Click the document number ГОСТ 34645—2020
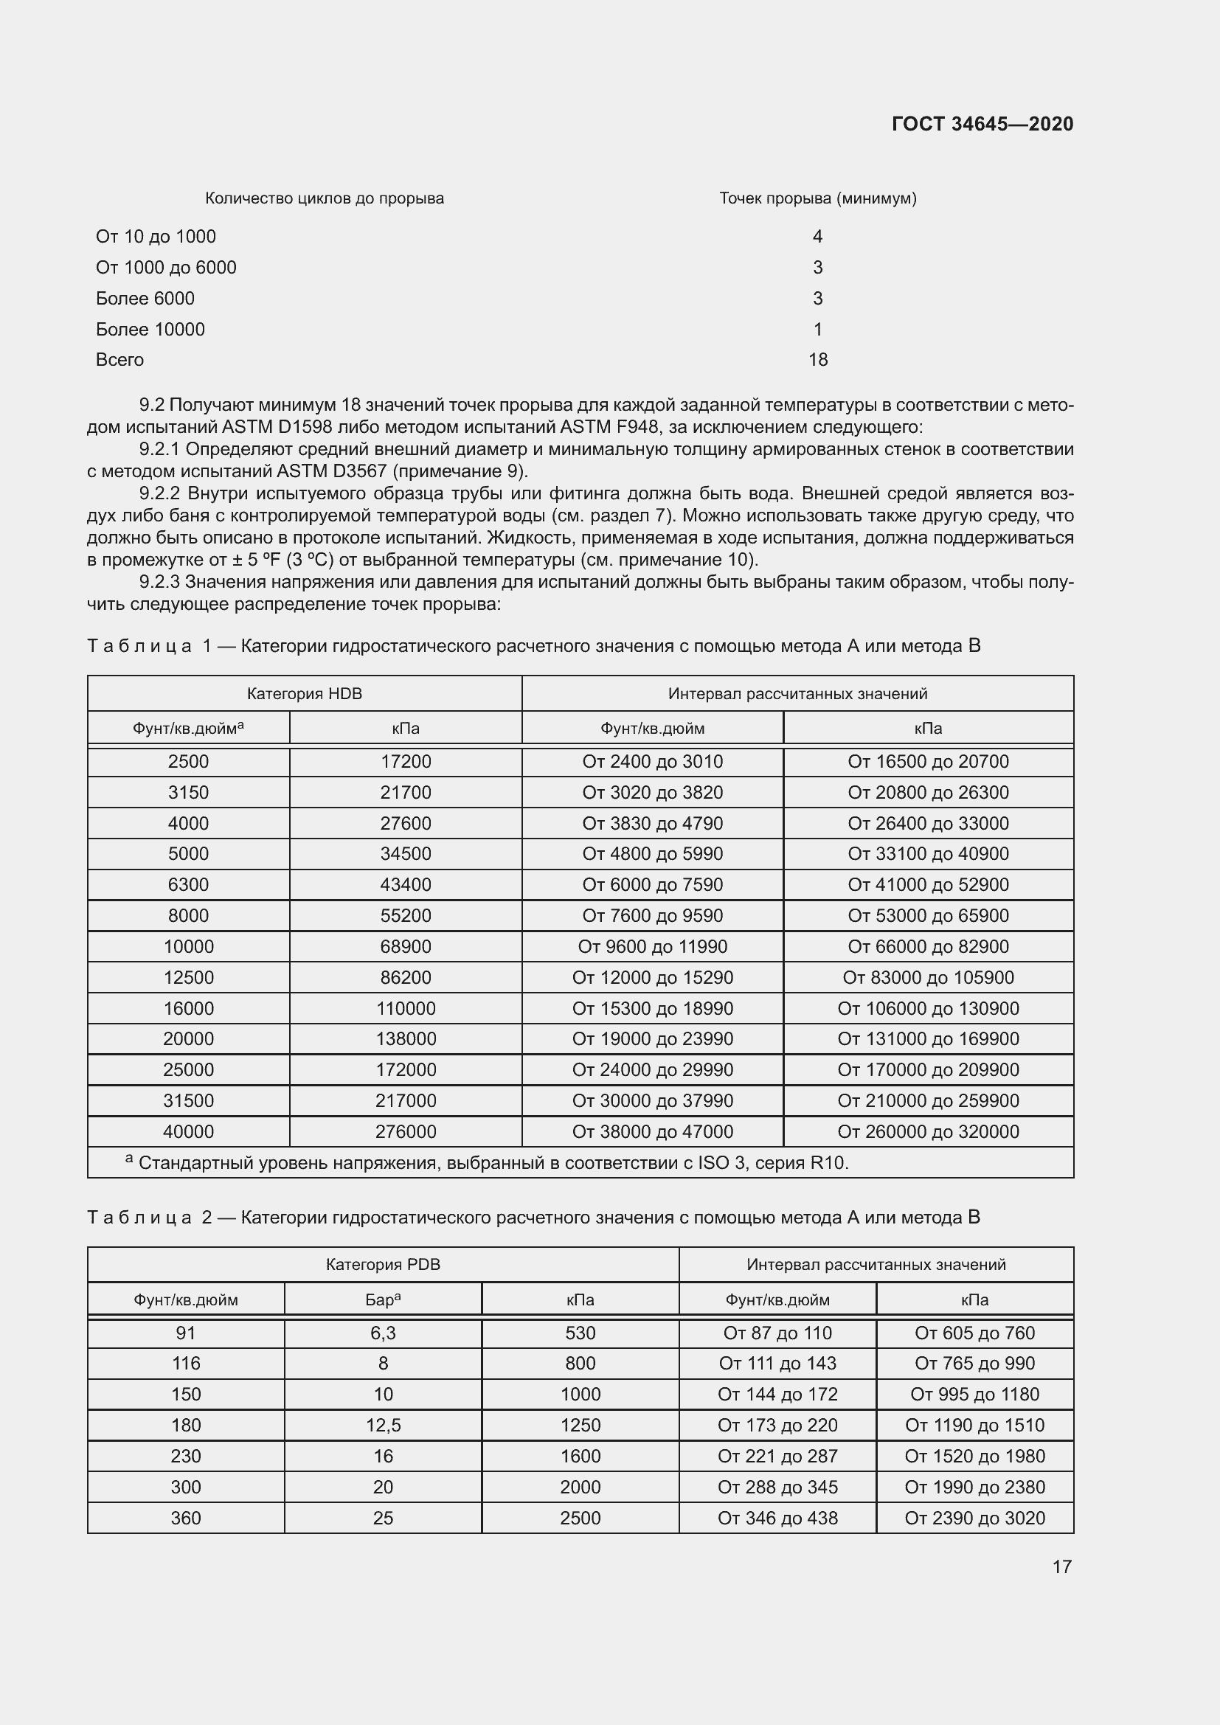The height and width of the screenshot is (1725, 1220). click(982, 124)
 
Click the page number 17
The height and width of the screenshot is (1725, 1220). click(1061, 1566)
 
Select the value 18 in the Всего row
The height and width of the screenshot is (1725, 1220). click(817, 360)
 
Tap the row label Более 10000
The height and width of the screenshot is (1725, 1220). click(150, 329)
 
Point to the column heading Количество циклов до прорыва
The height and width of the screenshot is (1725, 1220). click(324, 198)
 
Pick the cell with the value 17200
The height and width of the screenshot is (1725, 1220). click(406, 761)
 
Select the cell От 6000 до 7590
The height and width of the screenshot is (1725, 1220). click(652, 884)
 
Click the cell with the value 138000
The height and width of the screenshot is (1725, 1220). click(406, 1038)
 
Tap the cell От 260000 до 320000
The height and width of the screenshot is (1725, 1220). click(928, 1131)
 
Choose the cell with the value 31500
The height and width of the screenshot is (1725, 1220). click(188, 1100)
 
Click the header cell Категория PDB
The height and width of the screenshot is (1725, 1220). click(382, 1265)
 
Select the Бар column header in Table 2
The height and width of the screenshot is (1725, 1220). click(382, 1299)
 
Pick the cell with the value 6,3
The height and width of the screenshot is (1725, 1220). click(382, 1333)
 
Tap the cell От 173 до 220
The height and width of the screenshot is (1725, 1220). click(777, 1426)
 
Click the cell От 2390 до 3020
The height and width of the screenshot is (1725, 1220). click(974, 1518)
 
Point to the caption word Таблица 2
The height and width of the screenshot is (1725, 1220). click(150, 1217)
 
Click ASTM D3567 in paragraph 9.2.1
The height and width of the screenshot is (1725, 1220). click(331, 471)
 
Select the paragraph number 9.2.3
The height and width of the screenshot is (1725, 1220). click(159, 581)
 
